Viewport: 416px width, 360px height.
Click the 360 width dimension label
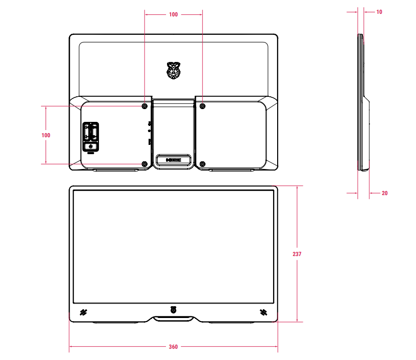[x=173, y=347]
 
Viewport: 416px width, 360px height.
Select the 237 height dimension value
[x=297, y=254]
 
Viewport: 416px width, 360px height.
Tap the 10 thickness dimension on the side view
[x=379, y=12]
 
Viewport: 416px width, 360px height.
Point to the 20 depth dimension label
[x=385, y=193]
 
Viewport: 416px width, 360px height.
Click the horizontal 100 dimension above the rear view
[x=173, y=15]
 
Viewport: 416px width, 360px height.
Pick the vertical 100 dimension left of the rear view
[x=46, y=135]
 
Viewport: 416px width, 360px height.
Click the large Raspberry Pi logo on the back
[x=174, y=71]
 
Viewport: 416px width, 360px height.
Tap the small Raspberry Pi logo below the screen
[x=173, y=309]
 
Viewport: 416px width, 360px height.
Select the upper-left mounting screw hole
[x=144, y=106]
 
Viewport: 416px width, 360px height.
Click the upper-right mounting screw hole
[x=202, y=106]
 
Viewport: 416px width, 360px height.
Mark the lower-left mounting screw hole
[x=144, y=164]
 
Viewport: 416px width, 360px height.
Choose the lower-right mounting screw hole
[x=202, y=164]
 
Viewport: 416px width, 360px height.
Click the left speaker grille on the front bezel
[x=83, y=312]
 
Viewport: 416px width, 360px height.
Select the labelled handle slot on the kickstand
[x=174, y=160]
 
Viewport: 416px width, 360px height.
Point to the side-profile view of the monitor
[x=363, y=102]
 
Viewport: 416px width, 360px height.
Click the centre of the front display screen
[x=173, y=246]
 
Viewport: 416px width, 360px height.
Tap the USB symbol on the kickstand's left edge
[x=149, y=123]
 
